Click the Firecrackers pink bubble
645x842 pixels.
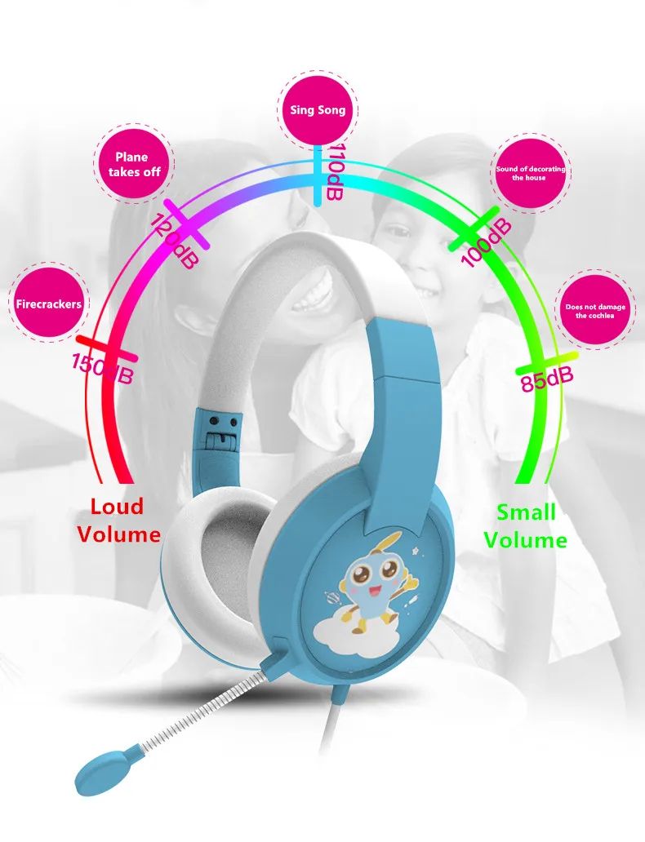click(x=48, y=304)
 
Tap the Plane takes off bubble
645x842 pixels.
click(x=131, y=164)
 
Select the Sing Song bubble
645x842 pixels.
click(x=318, y=110)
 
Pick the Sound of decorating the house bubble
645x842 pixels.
click(x=530, y=173)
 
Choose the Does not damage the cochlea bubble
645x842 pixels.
click(x=595, y=311)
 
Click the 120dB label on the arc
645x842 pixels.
click(x=173, y=241)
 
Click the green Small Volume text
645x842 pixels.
click(x=525, y=526)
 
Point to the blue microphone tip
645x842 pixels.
click(x=101, y=768)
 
